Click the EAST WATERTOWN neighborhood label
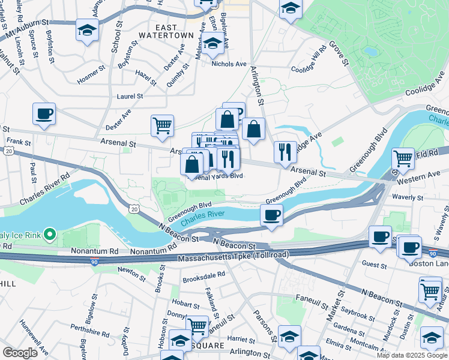click(x=175, y=31)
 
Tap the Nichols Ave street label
click(x=228, y=64)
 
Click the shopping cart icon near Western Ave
click(x=403, y=159)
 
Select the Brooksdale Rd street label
click(x=204, y=275)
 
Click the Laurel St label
click(x=130, y=95)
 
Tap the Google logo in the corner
click(x=20, y=353)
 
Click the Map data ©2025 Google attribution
click(x=412, y=355)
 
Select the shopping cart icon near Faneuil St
click(x=197, y=326)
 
